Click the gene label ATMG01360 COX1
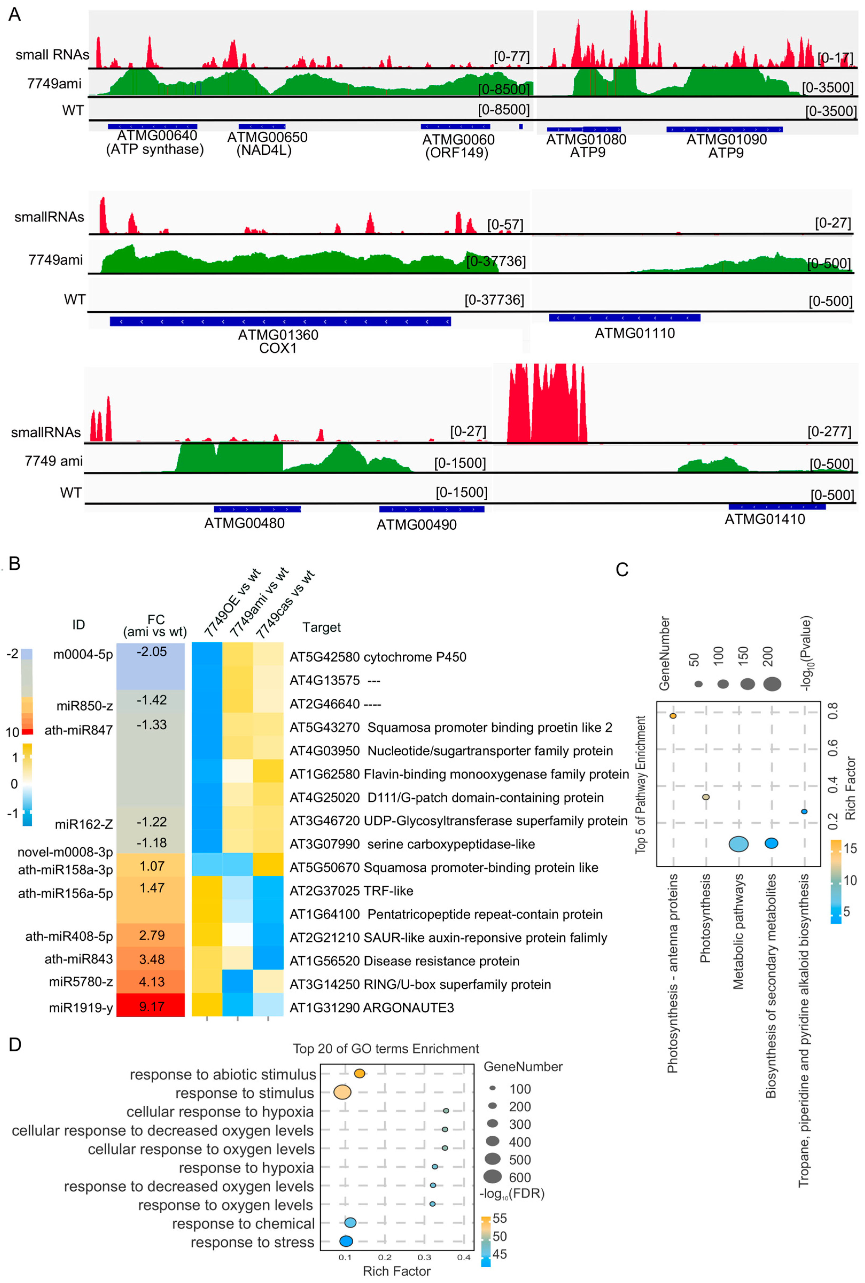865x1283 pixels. coord(278,341)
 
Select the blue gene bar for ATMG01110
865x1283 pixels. coord(625,318)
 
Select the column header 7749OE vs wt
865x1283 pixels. coord(232,604)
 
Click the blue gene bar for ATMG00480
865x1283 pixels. coord(257,509)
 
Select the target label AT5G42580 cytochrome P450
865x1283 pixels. coord(378,657)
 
